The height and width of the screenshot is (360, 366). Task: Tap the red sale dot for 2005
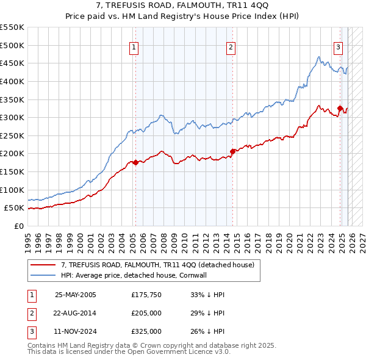tap(135, 162)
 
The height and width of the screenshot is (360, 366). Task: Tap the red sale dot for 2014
tap(232, 151)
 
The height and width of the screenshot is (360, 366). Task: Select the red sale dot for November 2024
tap(340, 108)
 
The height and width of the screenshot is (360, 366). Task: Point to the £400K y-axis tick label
tap(12, 81)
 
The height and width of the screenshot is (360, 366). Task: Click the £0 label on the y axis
tap(20, 226)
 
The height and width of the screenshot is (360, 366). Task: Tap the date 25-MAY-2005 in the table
tap(75, 295)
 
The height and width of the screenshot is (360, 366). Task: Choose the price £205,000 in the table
tap(146, 313)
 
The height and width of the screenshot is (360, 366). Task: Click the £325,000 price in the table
tap(146, 331)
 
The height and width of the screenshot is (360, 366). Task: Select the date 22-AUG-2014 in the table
tap(75, 313)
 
